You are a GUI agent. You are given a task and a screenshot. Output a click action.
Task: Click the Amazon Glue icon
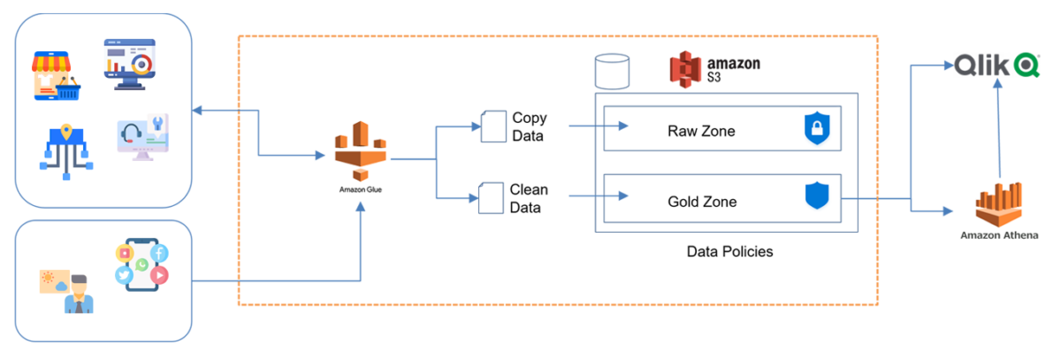tap(361, 151)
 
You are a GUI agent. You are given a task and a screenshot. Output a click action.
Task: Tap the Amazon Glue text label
tap(361, 188)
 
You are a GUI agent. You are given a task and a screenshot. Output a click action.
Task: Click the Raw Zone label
tap(701, 131)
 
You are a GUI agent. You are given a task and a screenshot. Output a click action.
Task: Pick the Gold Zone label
tap(701, 202)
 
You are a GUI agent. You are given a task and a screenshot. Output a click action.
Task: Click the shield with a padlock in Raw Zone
tap(818, 129)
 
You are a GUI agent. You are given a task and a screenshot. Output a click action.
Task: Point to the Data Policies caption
tap(729, 252)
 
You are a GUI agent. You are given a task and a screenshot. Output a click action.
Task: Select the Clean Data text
tap(529, 199)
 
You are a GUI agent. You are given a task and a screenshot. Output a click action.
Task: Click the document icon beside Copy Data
tap(492, 126)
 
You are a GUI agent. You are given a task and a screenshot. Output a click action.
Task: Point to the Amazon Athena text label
tap(998, 236)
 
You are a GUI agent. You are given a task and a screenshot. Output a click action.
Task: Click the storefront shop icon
tap(57, 73)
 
